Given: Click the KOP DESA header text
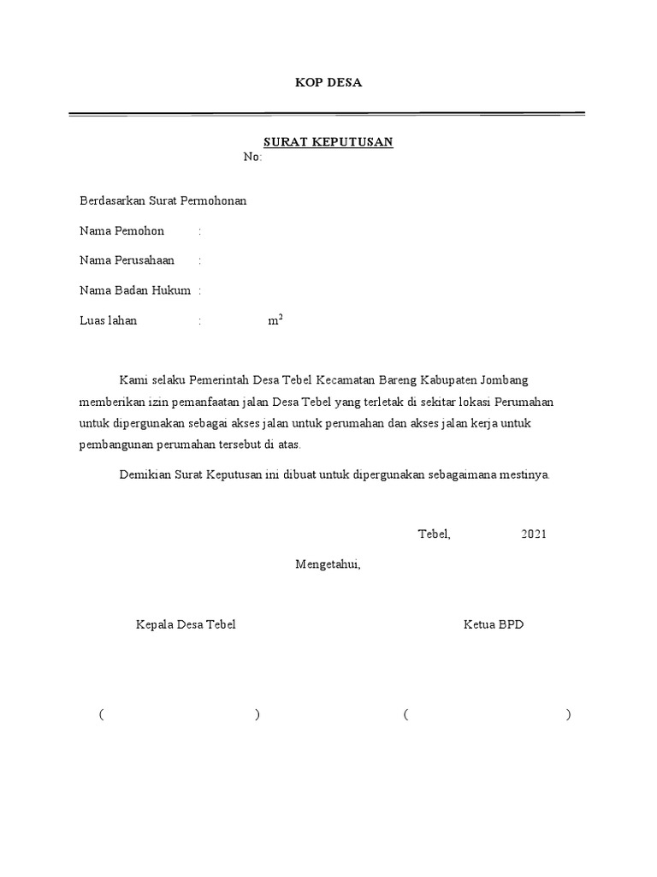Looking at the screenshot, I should click(x=328, y=83).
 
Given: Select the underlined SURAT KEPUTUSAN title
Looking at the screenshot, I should click(x=328, y=142).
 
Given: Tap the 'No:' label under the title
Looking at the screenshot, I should click(x=252, y=158).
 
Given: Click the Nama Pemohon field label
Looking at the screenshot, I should click(x=122, y=231).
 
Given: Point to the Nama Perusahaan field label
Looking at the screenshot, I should click(x=127, y=261).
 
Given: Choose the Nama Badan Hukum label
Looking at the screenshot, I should click(x=135, y=291).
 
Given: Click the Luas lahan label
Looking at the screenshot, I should click(x=109, y=321).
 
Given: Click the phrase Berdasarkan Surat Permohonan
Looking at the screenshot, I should click(x=163, y=201).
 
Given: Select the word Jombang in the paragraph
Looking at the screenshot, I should click(x=516, y=379).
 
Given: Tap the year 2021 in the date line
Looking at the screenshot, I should click(x=533, y=534).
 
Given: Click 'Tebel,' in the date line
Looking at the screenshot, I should click(x=434, y=534).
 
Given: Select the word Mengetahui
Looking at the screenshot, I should click(x=328, y=564).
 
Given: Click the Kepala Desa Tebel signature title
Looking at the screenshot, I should click(x=186, y=624).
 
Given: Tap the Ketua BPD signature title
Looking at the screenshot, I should click(x=494, y=624).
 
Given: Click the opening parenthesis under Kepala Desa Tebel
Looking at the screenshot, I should click(x=101, y=715).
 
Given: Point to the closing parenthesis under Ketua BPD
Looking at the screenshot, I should click(x=568, y=715).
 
